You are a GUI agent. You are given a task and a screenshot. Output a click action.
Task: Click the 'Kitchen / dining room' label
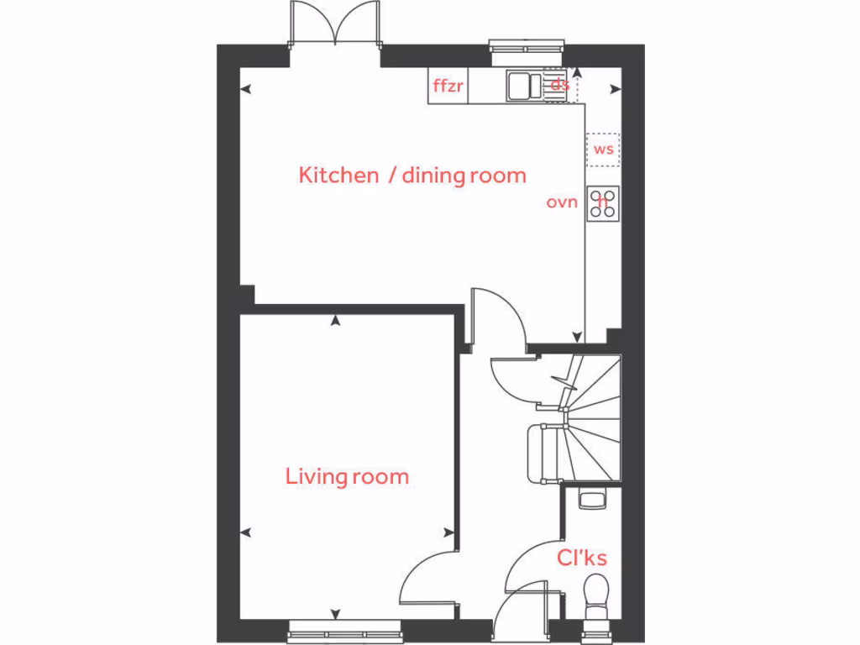[412, 176]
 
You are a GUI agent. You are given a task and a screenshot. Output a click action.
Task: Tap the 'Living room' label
[347, 477]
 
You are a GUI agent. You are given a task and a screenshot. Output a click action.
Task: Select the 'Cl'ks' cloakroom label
[582, 558]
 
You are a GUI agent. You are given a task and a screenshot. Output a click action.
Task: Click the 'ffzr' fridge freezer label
[448, 86]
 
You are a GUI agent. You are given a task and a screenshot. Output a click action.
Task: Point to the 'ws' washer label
[603, 150]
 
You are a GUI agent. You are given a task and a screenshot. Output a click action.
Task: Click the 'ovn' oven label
[562, 202]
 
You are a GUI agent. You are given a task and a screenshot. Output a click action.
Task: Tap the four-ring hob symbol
[603, 202]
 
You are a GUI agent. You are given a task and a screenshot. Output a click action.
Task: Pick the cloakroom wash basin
[591, 500]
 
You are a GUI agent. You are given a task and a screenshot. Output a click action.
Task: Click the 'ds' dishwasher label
[559, 84]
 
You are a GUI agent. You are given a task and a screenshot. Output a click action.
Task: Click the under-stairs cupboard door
[512, 378]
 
